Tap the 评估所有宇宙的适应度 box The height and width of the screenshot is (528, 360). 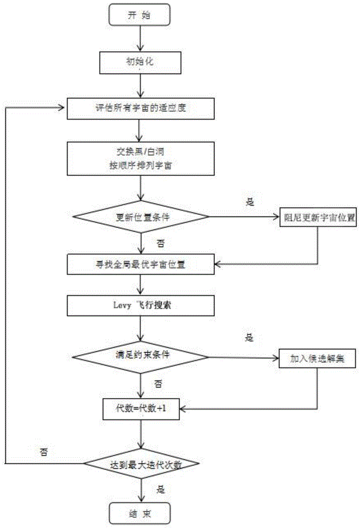[140, 110]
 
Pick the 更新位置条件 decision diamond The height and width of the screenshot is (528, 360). [140, 217]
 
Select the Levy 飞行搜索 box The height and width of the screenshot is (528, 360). [140, 305]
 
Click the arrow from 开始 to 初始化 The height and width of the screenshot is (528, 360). [139, 39]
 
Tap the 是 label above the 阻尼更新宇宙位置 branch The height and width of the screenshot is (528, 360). [251, 201]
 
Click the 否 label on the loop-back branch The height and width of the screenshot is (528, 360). [44, 452]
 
